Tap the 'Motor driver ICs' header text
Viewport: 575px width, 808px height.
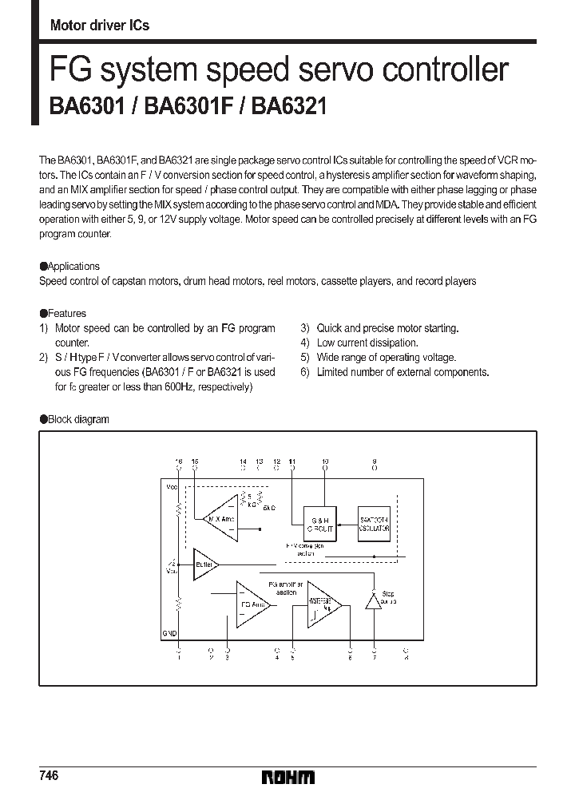[99, 26]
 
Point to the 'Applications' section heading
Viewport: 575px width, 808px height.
[73, 267]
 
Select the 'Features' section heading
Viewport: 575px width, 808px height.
[66, 314]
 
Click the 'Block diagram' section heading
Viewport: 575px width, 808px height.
[78, 419]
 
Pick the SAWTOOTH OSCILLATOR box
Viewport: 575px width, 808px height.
[375, 523]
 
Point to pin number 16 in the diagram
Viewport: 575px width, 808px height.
[178, 462]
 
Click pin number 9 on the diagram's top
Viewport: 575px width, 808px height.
[375, 462]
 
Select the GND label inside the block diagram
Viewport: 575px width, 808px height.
[169, 632]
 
